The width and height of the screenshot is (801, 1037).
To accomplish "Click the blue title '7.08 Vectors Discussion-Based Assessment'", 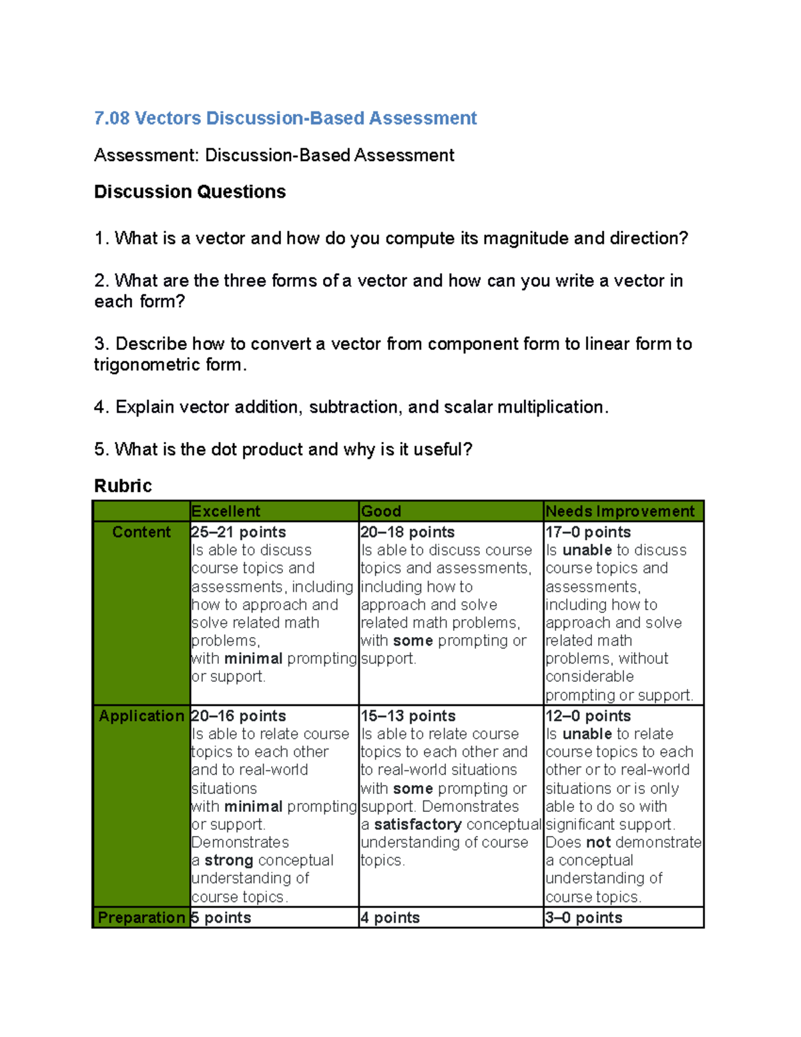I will pyautogui.click(x=285, y=118).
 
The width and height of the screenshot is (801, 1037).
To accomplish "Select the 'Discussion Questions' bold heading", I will pyautogui.click(x=190, y=192).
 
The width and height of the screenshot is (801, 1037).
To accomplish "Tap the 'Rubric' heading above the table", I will pyautogui.click(x=123, y=485).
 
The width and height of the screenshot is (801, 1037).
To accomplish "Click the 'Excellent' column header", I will pyautogui.click(x=226, y=511).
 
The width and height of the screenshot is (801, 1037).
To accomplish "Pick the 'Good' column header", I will pyautogui.click(x=381, y=511).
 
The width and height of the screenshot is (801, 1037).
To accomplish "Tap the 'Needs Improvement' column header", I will pyautogui.click(x=620, y=511).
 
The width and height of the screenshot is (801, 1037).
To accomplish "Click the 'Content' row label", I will pyautogui.click(x=142, y=532).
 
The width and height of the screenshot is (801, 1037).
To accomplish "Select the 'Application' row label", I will pyautogui.click(x=142, y=716).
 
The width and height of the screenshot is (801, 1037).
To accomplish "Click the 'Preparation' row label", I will pyautogui.click(x=142, y=917).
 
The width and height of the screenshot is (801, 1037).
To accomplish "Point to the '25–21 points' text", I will pyautogui.click(x=238, y=532).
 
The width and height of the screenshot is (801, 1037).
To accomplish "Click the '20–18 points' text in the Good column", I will pyautogui.click(x=407, y=532).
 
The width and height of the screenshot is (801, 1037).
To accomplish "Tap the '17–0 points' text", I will pyautogui.click(x=588, y=532).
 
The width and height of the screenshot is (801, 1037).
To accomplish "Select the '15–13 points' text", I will pyautogui.click(x=408, y=716).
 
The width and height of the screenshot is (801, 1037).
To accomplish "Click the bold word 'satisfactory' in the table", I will pyautogui.click(x=418, y=825).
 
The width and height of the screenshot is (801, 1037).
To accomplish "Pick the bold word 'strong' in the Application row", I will pyautogui.click(x=229, y=861).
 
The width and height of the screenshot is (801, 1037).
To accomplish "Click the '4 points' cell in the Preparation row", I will pyautogui.click(x=390, y=917).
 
